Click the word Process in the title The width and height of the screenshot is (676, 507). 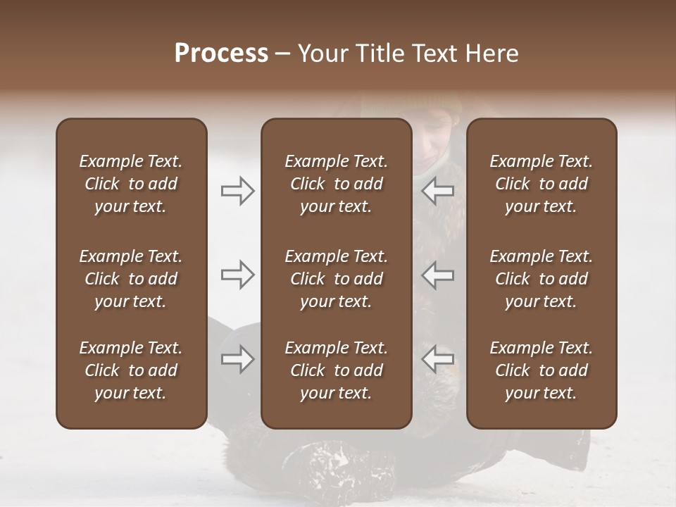221,54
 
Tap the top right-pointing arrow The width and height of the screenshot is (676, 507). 238,191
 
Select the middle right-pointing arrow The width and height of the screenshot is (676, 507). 238,275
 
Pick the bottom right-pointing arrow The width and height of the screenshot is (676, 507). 238,359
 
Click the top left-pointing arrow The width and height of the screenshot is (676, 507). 438,191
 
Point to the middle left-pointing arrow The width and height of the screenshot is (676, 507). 438,275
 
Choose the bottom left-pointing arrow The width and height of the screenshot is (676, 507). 438,359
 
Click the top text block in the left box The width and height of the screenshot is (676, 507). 131,184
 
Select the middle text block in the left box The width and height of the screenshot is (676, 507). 131,279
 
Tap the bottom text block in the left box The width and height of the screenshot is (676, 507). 131,370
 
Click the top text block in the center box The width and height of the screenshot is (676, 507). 337,184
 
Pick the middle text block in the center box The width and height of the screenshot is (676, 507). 337,279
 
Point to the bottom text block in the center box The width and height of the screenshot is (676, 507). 337,370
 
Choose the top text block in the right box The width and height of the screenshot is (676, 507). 542,184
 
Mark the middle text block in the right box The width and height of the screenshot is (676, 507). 542,279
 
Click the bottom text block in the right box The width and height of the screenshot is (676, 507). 542,370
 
